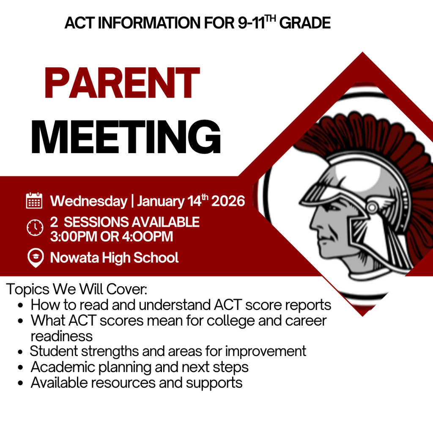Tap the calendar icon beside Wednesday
34,200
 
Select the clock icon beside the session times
35,227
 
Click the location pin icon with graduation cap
35,258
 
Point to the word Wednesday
88,201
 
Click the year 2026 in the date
228,201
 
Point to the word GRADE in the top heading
305,23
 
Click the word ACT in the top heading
80,23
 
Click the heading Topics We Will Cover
77,290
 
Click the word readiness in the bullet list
61,336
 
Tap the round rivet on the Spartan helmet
373,207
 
